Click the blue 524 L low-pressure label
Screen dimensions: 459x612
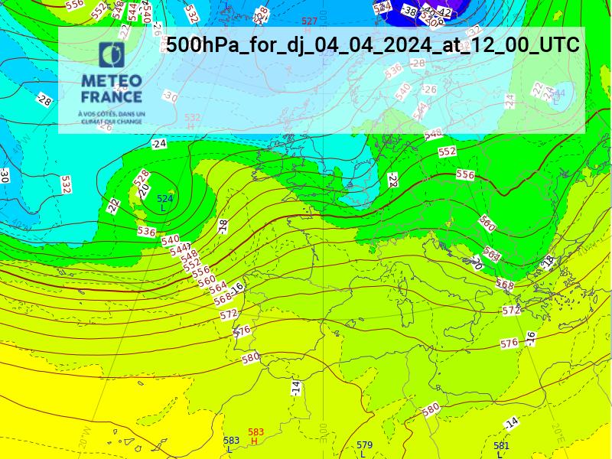tap(164, 203)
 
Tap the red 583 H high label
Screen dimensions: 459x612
tap(256, 437)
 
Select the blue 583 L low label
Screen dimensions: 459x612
tap(231, 444)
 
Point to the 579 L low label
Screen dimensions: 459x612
tap(364, 449)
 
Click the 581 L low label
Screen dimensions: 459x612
tap(501, 449)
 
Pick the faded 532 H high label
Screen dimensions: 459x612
tap(192, 122)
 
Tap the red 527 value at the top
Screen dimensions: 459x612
tap(309, 21)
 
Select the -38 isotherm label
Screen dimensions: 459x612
tap(409, 11)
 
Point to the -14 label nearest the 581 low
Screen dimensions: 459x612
tap(511, 422)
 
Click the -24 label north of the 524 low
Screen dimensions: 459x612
tap(158, 144)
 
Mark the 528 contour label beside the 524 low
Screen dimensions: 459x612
tap(142, 178)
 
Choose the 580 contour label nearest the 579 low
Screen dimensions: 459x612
tap(431, 409)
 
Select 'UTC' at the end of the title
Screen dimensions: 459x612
tap(559, 44)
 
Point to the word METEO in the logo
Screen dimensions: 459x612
tap(112, 81)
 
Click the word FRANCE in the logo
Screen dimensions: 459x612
tap(112, 96)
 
